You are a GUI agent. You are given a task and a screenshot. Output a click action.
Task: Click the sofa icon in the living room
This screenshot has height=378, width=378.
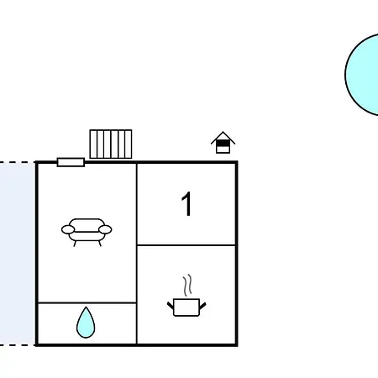pos(87,232)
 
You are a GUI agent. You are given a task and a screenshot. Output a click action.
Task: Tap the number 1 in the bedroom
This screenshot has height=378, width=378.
pos(186,204)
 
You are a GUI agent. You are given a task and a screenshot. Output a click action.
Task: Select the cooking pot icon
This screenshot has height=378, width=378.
pos(186,307)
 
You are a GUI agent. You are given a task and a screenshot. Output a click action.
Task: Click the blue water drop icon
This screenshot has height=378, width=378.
pos(86,323)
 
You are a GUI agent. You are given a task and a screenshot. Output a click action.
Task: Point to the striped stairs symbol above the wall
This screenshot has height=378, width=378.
pos(111,144)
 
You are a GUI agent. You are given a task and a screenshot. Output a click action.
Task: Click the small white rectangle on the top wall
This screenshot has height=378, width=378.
pos(71,162)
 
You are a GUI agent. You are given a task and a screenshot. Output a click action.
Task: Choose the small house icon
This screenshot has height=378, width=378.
pos(223,142)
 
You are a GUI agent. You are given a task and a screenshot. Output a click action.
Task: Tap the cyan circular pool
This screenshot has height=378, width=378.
pos(362,75)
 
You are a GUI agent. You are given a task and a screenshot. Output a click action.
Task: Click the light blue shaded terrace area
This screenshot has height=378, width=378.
pos(18,254)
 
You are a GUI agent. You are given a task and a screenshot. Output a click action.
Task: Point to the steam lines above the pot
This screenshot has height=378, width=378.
pos(187,285)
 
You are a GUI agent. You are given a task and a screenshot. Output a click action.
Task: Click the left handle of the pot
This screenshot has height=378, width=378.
pos(171,306)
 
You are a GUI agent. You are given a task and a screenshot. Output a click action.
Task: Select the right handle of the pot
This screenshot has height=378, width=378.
pos(202,306)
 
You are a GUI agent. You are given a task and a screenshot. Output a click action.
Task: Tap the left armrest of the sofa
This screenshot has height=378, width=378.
pos(68,229)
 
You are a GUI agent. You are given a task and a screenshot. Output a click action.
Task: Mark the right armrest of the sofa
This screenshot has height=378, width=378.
pos(105,229)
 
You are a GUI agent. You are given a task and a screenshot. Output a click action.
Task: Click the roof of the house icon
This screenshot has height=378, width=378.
pos(223,137)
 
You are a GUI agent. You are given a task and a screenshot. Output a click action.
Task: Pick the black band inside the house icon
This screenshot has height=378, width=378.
pos(223,144)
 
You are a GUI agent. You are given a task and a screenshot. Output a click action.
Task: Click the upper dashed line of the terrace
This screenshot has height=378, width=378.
pos(18,162)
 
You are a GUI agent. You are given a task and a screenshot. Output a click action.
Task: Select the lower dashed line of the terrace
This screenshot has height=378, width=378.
pos(18,345)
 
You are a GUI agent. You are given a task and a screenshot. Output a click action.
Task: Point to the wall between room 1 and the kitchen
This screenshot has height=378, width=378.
pos(186,245)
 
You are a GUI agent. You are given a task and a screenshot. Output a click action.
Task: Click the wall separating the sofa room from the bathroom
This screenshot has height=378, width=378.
pos(87,302)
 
